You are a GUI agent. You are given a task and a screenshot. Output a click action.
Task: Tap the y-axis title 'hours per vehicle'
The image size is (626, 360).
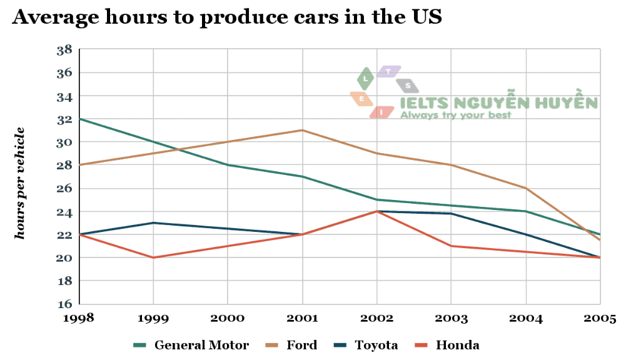click(20, 182)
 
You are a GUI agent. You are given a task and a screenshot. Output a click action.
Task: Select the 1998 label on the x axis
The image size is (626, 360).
click(79, 318)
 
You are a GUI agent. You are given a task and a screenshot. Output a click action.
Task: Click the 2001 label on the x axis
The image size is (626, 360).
click(302, 318)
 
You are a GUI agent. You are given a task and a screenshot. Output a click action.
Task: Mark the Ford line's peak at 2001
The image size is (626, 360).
click(303, 130)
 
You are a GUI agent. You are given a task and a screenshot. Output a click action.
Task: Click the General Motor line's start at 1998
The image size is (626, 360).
click(79, 119)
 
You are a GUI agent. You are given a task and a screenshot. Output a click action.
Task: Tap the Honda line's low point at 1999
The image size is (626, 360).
click(153, 257)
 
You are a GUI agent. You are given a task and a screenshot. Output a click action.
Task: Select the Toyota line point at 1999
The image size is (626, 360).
click(153, 222)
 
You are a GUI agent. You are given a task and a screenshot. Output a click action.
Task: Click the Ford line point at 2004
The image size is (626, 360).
click(526, 188)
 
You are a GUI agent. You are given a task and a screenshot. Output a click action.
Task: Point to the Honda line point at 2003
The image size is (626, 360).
click(452, 246)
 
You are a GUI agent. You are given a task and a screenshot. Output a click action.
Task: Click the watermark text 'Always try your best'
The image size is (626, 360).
click(456, 115)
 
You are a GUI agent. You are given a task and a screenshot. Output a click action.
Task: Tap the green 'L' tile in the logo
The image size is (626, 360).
click(366, 79)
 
